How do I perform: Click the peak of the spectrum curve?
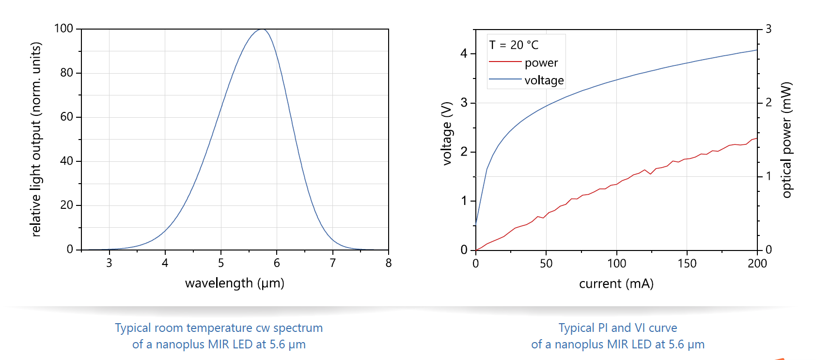click(262, 30)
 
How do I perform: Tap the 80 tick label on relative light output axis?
click(67, 73)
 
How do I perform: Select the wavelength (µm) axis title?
click(235, 283)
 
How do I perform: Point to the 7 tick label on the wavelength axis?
click(332, 263)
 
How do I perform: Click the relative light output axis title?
click(36, 140)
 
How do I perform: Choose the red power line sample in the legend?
click(505, 62)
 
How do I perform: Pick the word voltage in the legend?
click(544, 80)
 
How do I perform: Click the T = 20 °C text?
click(514, 45)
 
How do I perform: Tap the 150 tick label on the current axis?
click(687, 264)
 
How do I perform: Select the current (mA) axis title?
click(616, 283)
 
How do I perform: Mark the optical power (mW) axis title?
click(786, 140)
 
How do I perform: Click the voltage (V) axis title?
click(447, 134)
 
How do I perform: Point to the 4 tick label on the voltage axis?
click(464, 53)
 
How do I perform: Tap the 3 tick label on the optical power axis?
click(768, 29)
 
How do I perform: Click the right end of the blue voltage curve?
click(756, 50)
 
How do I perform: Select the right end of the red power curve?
click(756, 139)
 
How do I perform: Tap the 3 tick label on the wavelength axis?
click(109, 263)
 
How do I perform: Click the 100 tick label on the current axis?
click(616, 264)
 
